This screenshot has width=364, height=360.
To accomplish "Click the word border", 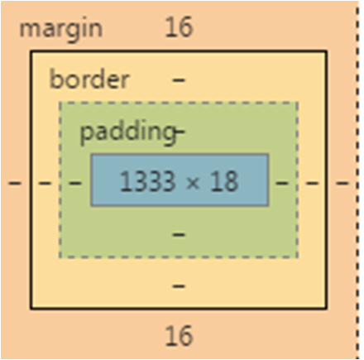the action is (89, 79).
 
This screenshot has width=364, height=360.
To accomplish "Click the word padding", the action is (127, 132).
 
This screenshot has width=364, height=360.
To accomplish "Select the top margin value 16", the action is (179, 27).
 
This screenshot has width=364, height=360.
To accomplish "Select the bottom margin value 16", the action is (179, 336).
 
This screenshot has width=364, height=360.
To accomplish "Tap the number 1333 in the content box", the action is (147, 181).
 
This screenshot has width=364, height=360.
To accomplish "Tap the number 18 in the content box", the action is (224, 181).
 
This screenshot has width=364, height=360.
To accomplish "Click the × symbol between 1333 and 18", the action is (193, 183).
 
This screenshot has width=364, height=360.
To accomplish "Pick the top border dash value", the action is (179, 80).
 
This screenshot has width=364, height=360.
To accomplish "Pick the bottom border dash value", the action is (179, 286).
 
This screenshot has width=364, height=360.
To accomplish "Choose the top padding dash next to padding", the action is (180, 132).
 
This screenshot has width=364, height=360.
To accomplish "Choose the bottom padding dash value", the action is (179, 235).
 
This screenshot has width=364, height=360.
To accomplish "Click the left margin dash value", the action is (15, 183).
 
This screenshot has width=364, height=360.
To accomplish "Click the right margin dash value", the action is (342, 183).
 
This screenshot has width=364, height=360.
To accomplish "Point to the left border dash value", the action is (45, 183).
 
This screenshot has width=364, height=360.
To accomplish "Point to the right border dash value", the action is (312, 183).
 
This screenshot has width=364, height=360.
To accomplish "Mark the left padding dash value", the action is (74, 183).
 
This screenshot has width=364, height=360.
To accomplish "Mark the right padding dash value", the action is (282, 183).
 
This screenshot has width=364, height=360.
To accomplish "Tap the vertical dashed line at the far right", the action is (357, 180).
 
